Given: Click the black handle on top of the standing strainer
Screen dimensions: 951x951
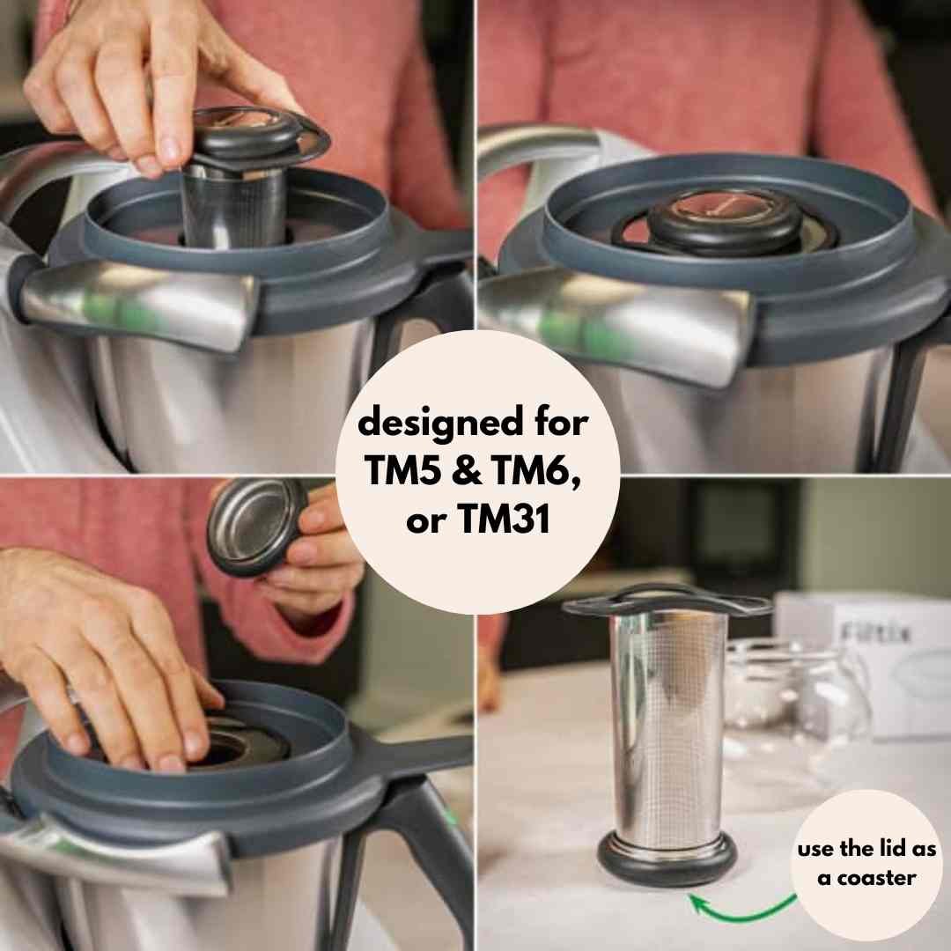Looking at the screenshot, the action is [x=667, y=601].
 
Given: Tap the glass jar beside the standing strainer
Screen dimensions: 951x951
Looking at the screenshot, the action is [x=794, y=697].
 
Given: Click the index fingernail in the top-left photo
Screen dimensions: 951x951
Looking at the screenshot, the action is [x=171, y=151].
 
